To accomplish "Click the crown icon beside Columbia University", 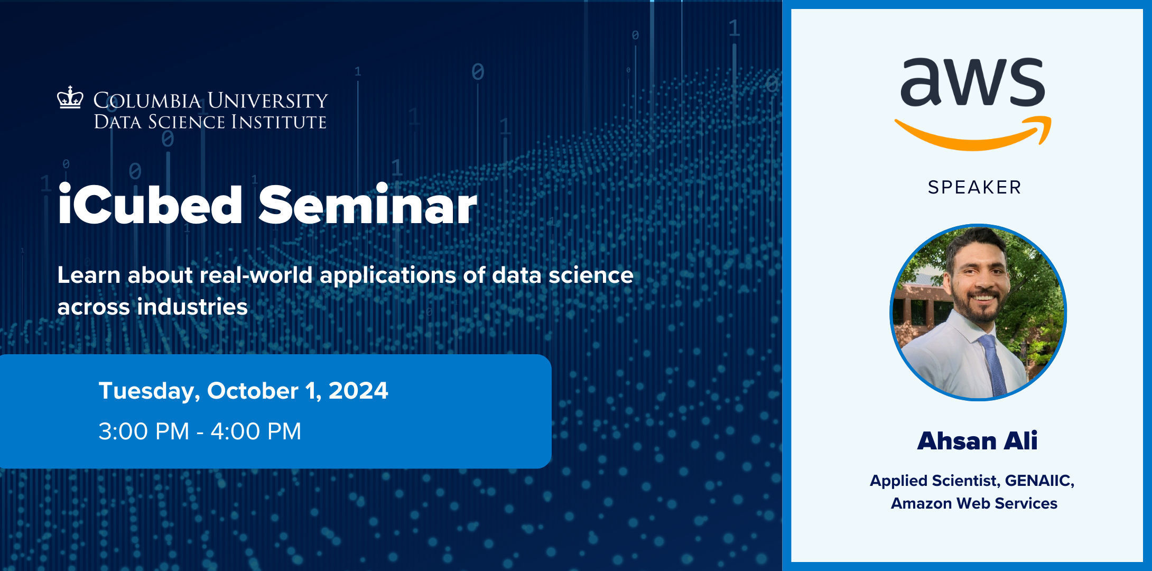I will tap(70, 98).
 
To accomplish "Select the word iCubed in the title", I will tap(150, 206).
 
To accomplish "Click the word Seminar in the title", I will tap(367, 206).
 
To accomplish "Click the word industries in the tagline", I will tap(192, 307).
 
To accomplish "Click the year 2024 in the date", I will tap(358, 391).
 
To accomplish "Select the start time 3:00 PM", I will tap(144, 431).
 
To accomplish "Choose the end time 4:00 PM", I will tap(256, 431).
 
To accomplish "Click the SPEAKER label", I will tap(974, 187).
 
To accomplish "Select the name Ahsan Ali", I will tap(977, 441).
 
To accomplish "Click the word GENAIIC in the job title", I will tap(1039, 481).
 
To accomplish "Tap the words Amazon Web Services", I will tap(974, 503).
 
